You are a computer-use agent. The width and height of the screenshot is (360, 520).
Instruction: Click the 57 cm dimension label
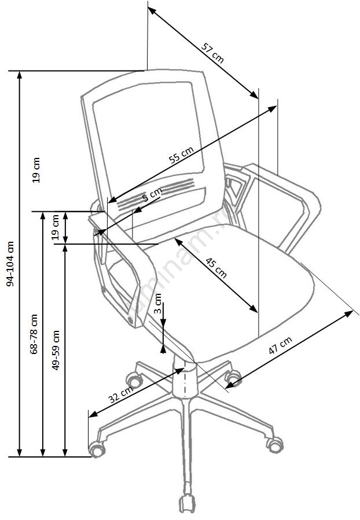coord(212,51)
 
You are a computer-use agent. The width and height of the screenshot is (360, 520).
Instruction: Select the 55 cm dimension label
coord(181,156)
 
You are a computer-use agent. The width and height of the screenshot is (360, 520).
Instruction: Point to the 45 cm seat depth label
coord(216,269)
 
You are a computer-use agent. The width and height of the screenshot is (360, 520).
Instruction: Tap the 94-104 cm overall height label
coord(10,263)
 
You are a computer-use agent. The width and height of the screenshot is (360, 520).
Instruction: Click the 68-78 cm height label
coord(34,334)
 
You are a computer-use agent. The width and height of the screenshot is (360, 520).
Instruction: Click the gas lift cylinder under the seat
coord(185,382)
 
